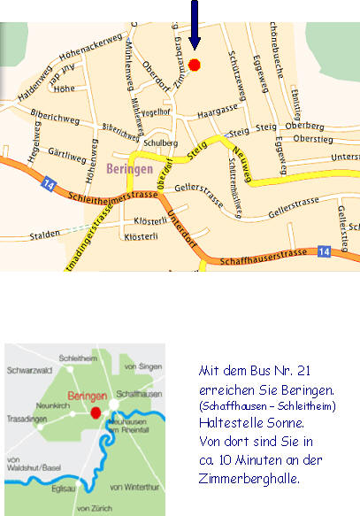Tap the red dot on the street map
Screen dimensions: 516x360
click(x=195, y=65)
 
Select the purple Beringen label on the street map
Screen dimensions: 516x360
click(x=129, y=167)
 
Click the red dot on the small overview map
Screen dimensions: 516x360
click(x=96, y=412)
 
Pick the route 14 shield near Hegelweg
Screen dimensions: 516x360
click(x=47, y=185)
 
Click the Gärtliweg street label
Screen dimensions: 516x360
click(x=67, y=156)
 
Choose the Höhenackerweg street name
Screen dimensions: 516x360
click(x=89, y=52)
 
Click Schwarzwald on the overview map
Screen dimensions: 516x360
click(x=33, y=373)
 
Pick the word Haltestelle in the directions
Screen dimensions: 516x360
click(x=231, y=424)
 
